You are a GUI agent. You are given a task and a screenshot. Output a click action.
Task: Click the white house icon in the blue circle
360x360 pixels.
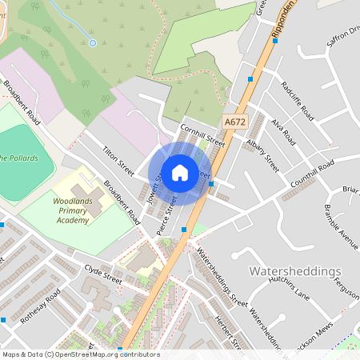(x=180, y=173)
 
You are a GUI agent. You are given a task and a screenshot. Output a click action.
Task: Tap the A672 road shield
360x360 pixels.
(x=234, y=122)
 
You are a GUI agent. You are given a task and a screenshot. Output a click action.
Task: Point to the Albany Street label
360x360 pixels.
(x=262, y=153)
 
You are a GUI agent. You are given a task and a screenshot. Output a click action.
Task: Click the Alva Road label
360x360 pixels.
(x=283, y=130)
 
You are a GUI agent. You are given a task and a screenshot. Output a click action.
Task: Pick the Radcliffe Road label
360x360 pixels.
(x=298, y=100)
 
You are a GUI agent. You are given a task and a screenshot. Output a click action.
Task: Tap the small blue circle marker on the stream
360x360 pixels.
(x=93, y=42)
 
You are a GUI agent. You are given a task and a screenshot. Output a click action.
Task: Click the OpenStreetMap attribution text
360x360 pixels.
(x=80, y=354)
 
